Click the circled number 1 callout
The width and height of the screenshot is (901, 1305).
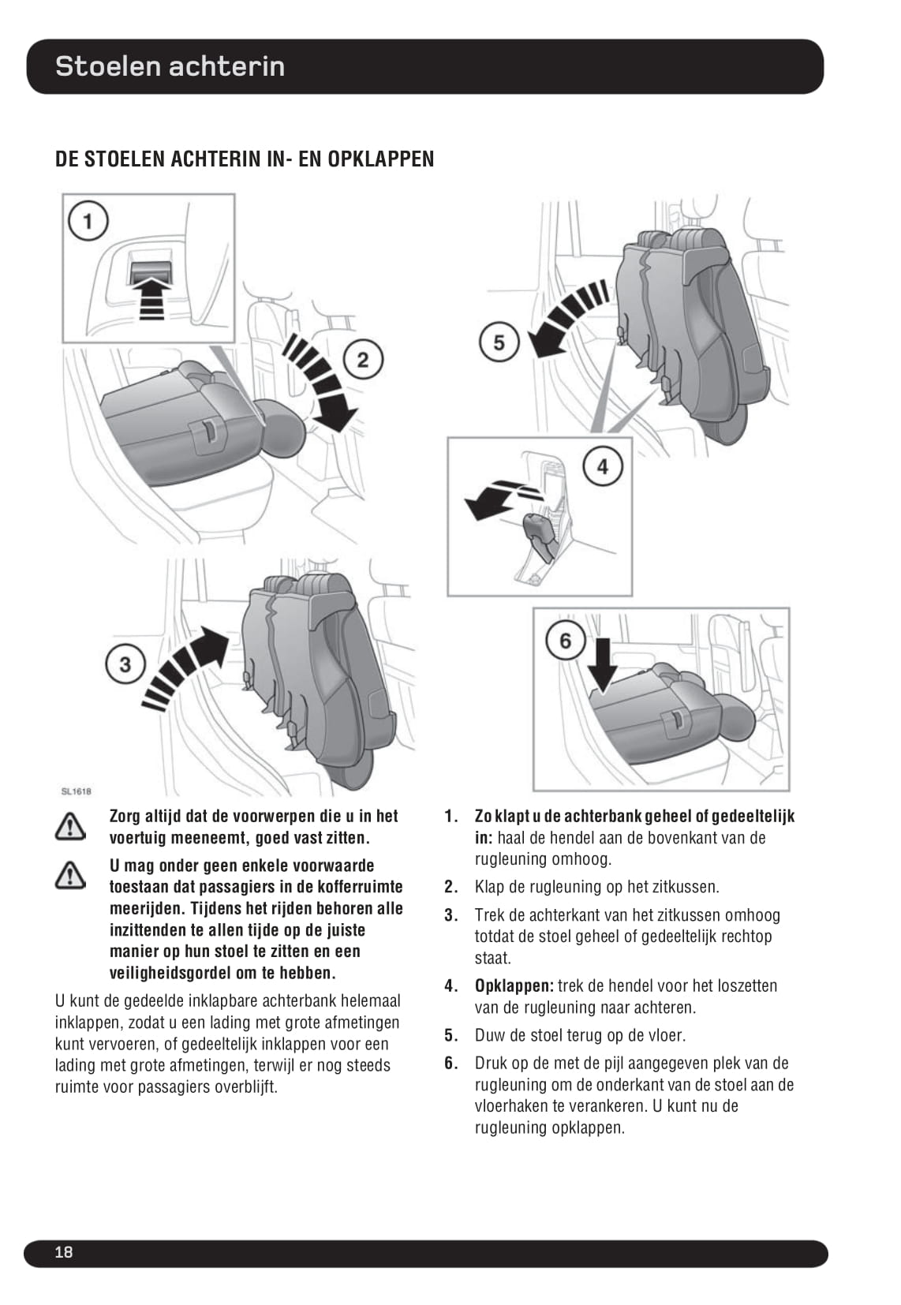(x=88, y=222)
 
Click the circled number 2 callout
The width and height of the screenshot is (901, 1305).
(x=363, y=360)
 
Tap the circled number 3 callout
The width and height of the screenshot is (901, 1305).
(x=125, y=665)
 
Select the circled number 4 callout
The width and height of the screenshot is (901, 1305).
(x=603, y=466)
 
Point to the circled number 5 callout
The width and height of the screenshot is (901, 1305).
(x=499, y=342)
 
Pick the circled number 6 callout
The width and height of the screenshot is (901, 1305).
(x=566, y=641)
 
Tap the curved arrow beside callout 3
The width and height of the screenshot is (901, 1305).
(x=185, y=670)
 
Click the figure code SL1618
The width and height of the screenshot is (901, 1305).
(x=77, y=791)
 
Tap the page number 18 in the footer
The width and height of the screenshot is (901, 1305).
(x=63, y=1252)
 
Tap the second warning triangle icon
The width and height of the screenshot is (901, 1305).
(x=70, y=875)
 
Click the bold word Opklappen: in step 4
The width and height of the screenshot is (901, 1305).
(x=514, y=986)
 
